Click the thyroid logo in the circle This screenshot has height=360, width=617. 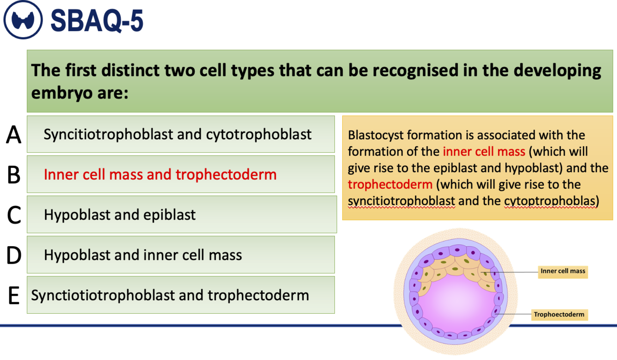pos(23,20)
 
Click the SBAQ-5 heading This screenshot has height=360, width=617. pos(97,21)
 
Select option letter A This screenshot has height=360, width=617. pos(13,135)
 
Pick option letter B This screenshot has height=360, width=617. pos(14,175)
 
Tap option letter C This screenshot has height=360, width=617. pos(14,215)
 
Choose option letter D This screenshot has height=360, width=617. pos(14,255)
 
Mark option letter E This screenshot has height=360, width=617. pos(14,296)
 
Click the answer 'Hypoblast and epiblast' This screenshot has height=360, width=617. pos(119,215)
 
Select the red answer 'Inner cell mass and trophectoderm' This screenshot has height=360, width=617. pos(160,174)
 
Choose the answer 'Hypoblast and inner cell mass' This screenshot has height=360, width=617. pos(143,255)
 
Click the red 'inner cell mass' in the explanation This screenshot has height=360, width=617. pos(484,152)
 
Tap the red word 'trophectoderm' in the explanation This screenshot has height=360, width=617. pos(390,185)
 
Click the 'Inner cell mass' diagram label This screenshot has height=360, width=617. pos(563,271)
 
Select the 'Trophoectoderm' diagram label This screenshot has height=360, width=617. pos(559,315)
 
